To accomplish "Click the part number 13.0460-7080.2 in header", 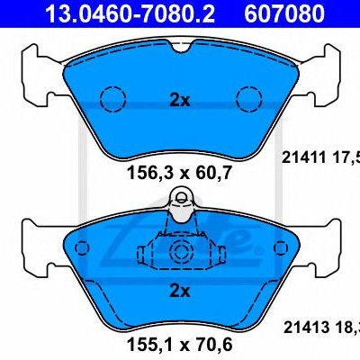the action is [x=130, y=13].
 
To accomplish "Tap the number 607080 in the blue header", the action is [x=284, y=13].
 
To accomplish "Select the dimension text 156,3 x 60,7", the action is [x=180, y=173].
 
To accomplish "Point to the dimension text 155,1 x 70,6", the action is [x=180, y=345].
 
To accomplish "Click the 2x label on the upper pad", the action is [x=180, y=101].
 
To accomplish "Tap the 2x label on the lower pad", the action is [x=180, y=291].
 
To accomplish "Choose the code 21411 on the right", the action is [x=303, y=157].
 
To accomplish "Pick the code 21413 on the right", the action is [x=306, y=328].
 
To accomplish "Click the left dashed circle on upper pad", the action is [x=112, y=99].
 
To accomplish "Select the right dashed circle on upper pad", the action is [x=249, y=99].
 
